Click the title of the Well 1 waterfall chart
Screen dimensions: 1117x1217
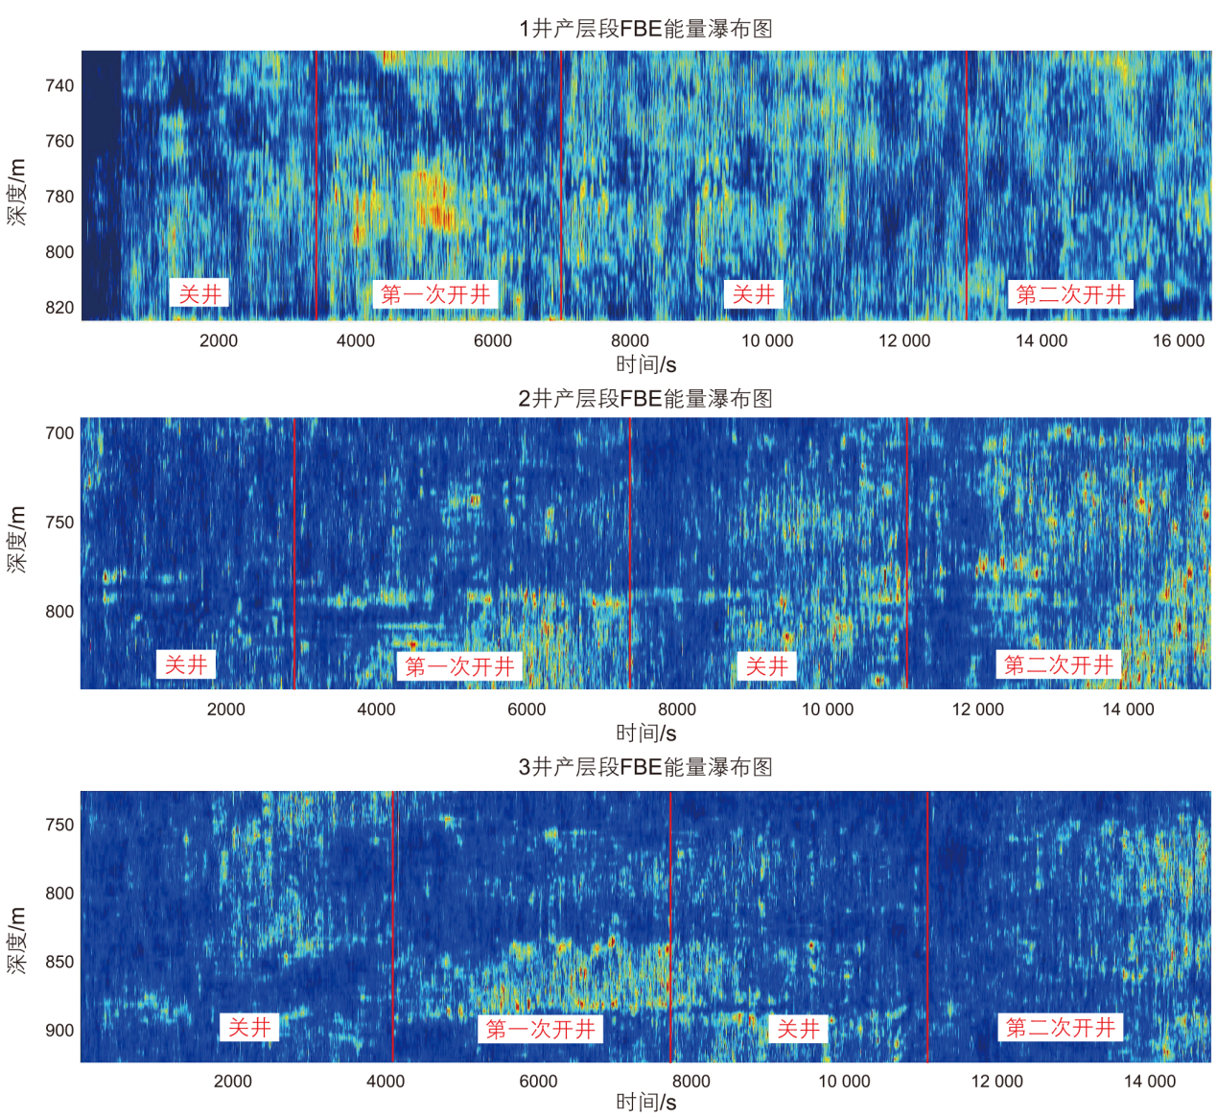645,29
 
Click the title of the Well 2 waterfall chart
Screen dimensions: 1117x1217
645,399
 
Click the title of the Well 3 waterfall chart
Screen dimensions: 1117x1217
645,767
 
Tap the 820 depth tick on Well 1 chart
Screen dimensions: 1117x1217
59,308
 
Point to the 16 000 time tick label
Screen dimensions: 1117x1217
1178,341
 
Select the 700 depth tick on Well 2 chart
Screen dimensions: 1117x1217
59,433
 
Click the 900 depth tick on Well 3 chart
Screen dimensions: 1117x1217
59,1031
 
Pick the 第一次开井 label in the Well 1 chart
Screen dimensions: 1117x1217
435,294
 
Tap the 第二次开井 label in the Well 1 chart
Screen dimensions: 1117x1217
1070,294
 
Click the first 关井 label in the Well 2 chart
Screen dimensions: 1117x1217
186,664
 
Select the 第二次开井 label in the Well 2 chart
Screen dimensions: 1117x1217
1059,664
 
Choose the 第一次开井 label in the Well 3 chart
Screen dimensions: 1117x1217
541,1029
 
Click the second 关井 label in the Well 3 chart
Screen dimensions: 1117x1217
798,1029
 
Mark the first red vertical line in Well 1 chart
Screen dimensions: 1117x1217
316,182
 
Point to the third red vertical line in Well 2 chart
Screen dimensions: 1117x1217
907,551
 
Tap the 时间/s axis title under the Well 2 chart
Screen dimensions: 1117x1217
645,733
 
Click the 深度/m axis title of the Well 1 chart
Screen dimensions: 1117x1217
17,192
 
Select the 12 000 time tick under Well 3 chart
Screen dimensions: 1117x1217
996,1082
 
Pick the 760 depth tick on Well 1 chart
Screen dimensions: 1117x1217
59,142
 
